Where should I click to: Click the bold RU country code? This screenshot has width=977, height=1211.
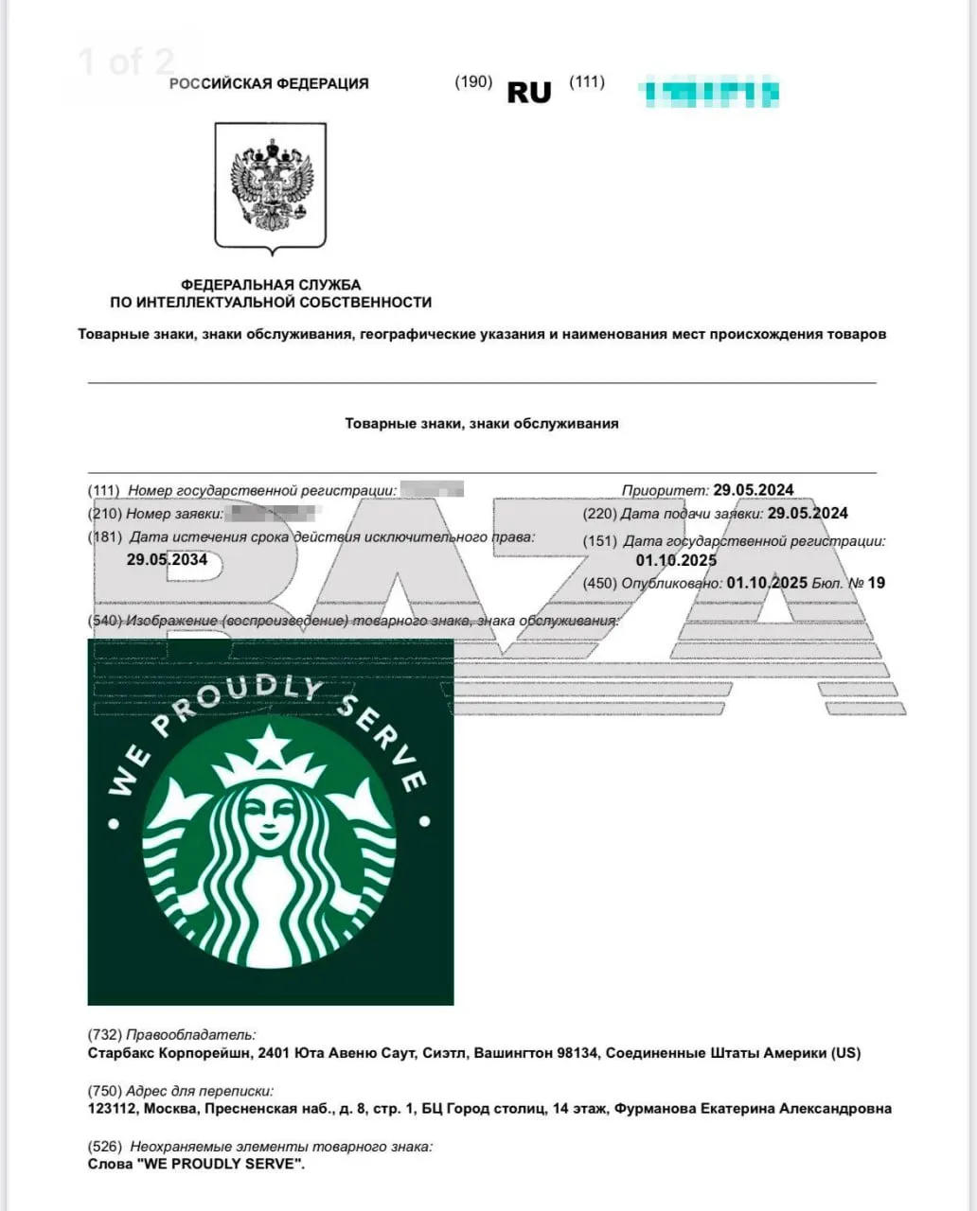[529, 92]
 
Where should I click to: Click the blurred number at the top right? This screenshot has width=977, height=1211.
[709, 93]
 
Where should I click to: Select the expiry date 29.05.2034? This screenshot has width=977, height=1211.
[167, 559]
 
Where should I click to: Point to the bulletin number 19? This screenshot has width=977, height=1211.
[876, 583]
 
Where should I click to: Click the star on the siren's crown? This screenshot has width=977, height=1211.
[271, 745]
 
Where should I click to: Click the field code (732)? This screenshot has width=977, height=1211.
[104, 1035]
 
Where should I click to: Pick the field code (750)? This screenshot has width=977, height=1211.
[104, 1091]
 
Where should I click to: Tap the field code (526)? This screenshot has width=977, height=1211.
[104, 1147]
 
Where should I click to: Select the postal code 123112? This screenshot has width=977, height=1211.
[113, 1108]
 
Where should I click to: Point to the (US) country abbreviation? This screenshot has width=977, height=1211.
[845, 1052]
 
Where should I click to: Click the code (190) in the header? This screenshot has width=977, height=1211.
[473, 81]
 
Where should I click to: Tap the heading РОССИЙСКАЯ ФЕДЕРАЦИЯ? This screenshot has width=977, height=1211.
[269, 83]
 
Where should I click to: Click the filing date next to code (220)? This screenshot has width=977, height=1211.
[808, 513]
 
